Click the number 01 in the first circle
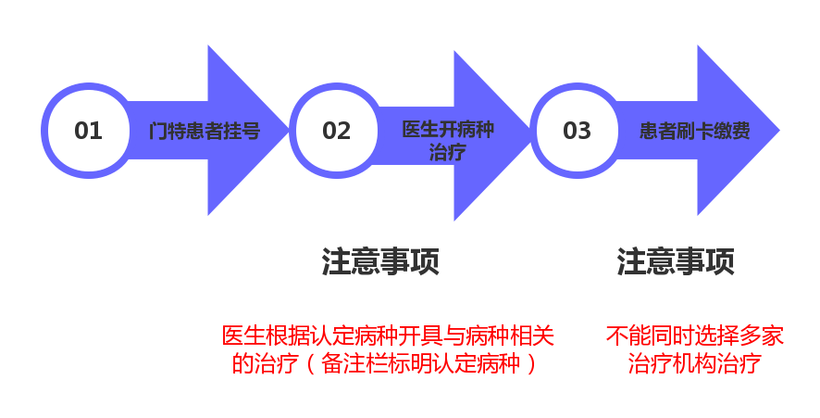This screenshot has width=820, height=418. click(88, 131)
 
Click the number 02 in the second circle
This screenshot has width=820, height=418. click(337, 131)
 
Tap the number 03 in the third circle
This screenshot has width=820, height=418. click(577, 131)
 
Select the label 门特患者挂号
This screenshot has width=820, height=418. click(205, 131)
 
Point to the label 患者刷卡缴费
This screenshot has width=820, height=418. click(695, 131)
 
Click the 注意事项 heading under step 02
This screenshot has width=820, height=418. click(380, 261)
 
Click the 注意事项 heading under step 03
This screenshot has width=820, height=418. click(676, 261)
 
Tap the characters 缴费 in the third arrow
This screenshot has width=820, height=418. click(732, 131)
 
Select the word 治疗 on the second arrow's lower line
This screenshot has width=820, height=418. click(448, 152)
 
